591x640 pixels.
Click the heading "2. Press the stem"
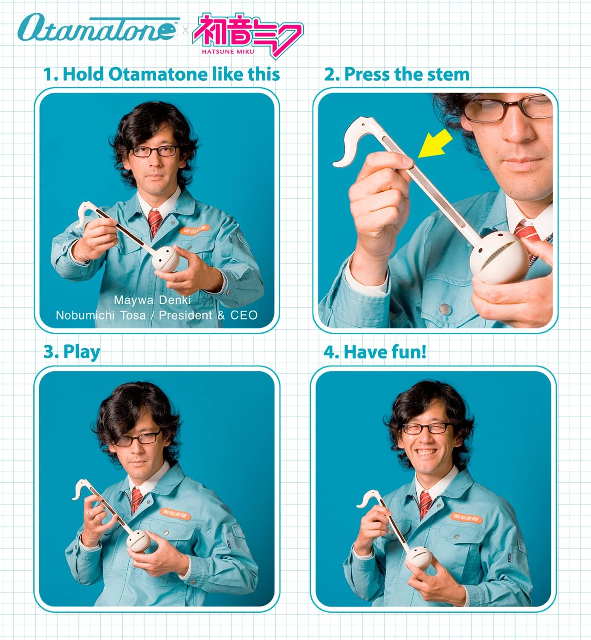click(x=397, y=74)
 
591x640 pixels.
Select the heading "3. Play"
click(x=72, y=352)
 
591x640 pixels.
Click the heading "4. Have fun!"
click(x=375, y=352)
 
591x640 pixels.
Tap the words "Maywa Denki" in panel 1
click(x=152, y=300)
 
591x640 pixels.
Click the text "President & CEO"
click(x=209, y=315)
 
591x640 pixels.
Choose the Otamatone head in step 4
click(x=417, y=557)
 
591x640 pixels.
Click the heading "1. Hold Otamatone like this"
click(x=162, y=74)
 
